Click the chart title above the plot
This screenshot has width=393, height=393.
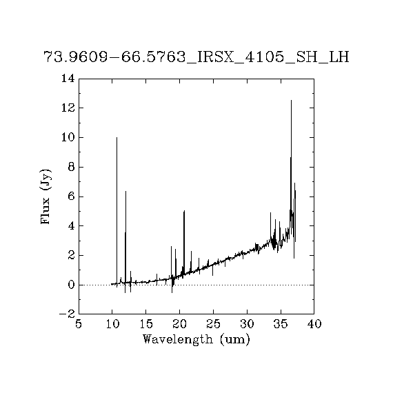click(x=196, y=57)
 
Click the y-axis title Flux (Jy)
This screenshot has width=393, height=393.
click(x=46, y=196)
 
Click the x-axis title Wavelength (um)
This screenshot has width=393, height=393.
click(x=196, y=340)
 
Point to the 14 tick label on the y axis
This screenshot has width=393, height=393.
click(x=68, y=79)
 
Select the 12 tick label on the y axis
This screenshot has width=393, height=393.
click(x=68, y=108)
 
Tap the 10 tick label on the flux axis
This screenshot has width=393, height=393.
click(x=68, y=137)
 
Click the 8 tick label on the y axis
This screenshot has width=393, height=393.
click(x=72, y=167)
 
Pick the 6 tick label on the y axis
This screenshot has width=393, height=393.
click(x=72, y=196)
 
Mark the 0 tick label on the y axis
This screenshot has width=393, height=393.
click(x=72, y=285)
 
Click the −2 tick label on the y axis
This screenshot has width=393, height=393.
click(x=67, y=314)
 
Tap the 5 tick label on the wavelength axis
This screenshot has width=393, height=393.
click(x=79, y=324)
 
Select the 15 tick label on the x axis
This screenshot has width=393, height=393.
click(x=146, y=324)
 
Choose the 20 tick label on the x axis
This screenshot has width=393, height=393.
click(x=180, y=324)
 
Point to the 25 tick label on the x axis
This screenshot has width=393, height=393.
click(x=213, y=324)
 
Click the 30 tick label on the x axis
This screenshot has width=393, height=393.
click(x=247, y=324)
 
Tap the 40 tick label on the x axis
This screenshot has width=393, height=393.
click(x=314, y=324)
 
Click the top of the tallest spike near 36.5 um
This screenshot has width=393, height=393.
click(x=291, y=100)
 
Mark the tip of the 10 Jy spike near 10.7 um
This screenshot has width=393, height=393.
click(x=117, y=138)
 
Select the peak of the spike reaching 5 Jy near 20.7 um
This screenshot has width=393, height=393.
click(x=184, y=211)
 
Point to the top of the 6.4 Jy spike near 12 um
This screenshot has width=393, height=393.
click(x=125, y=191)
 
